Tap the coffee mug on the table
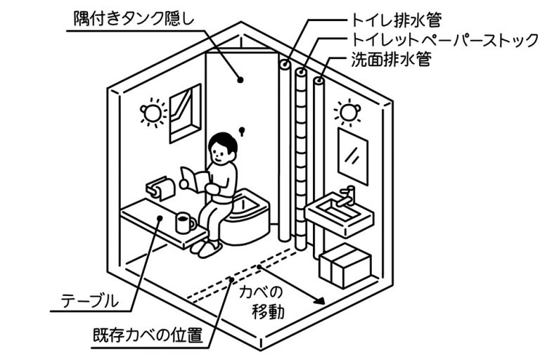click(184, 224)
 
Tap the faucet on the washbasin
click(347, 195)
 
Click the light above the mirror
click(346, 111)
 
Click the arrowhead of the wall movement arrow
click(320, 300)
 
